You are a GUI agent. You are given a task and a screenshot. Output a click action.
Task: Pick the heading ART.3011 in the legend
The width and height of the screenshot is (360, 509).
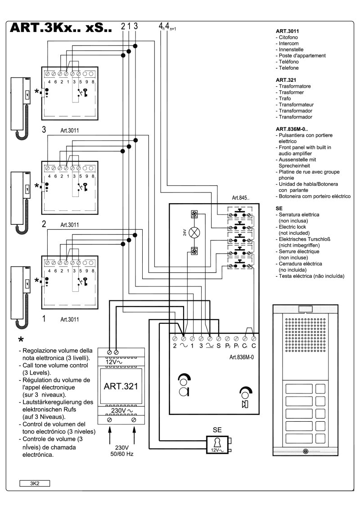point(288,32)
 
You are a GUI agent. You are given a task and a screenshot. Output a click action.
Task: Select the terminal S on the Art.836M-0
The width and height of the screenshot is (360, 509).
point(218,347)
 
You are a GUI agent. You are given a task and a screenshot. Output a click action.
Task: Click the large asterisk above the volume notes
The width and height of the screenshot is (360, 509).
point(21,340)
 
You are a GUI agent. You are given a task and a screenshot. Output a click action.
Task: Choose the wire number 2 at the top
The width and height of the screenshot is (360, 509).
point(122,26)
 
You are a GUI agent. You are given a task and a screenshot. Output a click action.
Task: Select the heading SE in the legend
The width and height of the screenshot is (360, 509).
point(278,209)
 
